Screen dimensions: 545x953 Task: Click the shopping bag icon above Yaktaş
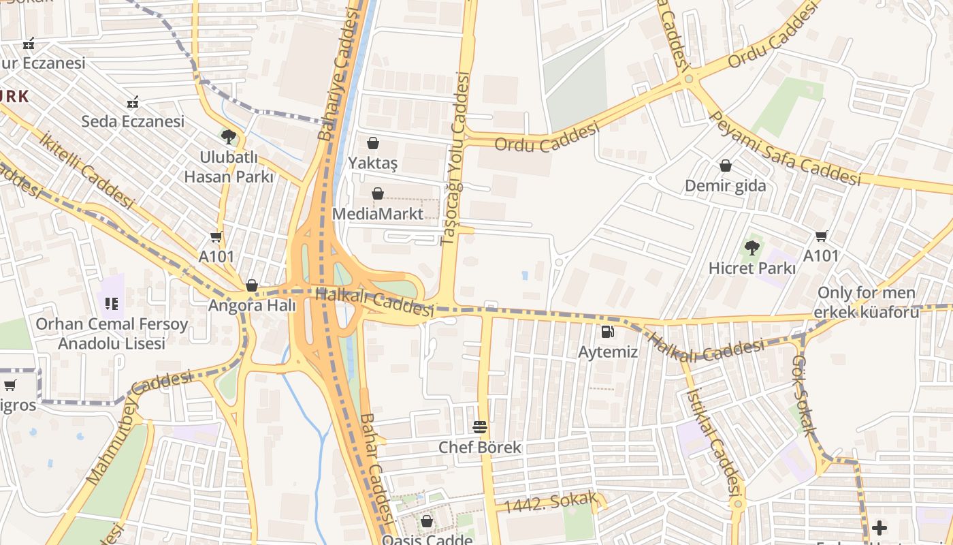click(x=372, y=143)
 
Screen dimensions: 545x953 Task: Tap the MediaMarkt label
click(x=377, y=214)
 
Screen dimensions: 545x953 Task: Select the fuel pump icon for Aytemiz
click(x=607, y=332)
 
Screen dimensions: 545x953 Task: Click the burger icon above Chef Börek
click(x=480, y=427)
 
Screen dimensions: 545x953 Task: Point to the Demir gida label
click(x=725, y=186)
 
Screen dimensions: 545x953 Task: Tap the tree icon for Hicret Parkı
click(x=752, y=248)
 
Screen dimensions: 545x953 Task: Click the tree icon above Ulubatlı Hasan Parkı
click(x=229, y=137)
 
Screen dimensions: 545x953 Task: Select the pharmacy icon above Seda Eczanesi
click(x=133, y=102)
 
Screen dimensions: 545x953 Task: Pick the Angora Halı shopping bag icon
click(x=252, y=285)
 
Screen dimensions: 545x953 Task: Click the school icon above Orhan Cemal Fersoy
click(x=111, y=302)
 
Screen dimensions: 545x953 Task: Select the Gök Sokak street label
click(x=804, y=394)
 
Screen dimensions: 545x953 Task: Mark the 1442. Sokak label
click(x=550, y=503)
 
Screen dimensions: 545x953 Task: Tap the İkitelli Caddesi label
click(x=86, y=170)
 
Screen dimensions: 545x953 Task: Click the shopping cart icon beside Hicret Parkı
click(x=821, y=236)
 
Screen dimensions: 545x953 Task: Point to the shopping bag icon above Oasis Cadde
click(x=427, y=521)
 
